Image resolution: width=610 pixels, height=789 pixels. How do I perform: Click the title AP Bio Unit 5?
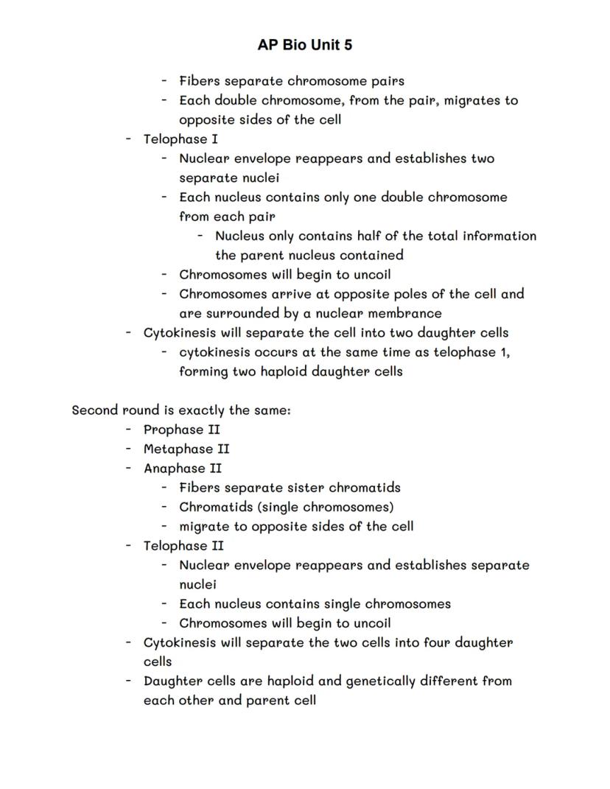tap(305, 45)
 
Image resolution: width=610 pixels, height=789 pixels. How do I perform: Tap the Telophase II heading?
tap(183, 546)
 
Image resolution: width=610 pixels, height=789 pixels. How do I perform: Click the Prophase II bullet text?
tap(181, 429)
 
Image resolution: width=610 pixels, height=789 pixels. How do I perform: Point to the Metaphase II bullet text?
tap(186, 449)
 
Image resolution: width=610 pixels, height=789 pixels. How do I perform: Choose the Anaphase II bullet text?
tap(183, 468)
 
